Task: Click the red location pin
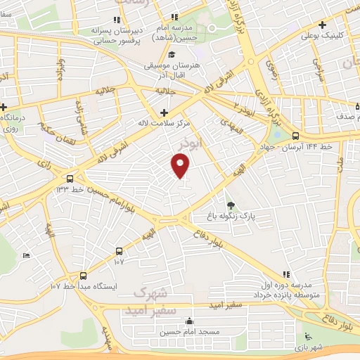pyautogui.click(x=181, y=165)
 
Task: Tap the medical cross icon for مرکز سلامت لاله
pyautogui.click(x=164, y=112)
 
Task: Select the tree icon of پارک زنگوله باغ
pyautogui.click(x=231, y=204)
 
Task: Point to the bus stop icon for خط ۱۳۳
pyautogui.click(x=69, y=179)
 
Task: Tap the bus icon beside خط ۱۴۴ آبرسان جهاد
pyautogui.click(x=295, y=136)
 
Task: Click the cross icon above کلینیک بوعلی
pyautogui.click(x=322, y=24)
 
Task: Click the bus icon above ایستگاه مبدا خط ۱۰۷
pyautogui.click(x=83, y=276)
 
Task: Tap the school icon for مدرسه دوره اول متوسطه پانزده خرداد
pyautogui.click(x=285, y=274)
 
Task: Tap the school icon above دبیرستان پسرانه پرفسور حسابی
pyautogui.click(x=117, y=21)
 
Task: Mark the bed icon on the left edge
pyautogui.click(x=26, y=255)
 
